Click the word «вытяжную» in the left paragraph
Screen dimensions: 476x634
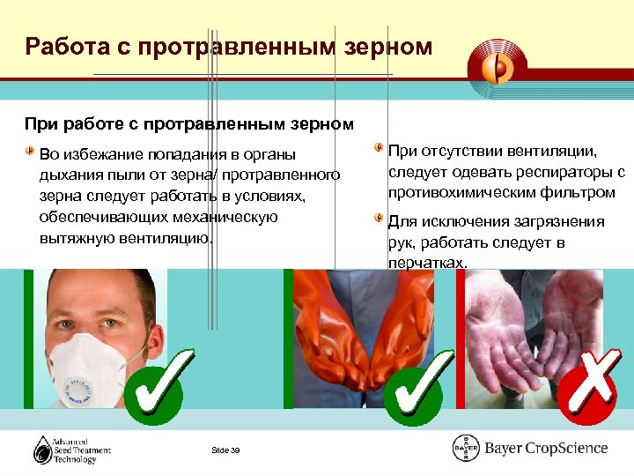pos(77,238)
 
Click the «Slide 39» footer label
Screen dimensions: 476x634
pos(226,450)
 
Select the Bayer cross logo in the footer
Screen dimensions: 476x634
pos(466,448)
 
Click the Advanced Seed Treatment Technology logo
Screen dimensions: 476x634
pos(71,449)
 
